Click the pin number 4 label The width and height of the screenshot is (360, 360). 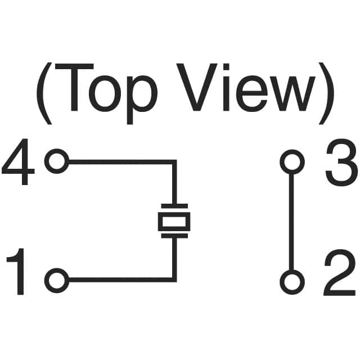[x=19, y=162]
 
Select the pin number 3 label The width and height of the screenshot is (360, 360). [x=341, y=162]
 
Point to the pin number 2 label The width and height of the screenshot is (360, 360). [x=340, y=272]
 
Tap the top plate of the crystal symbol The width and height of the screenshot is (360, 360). [x=174, y=205]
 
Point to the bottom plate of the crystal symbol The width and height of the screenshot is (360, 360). [x=174, y=236]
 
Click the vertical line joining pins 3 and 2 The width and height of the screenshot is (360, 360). [x=292, y=222]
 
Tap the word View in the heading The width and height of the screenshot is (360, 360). [x=246, y=88]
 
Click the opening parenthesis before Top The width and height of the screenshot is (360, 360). [x=44, y=93]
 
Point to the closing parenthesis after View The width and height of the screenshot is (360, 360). [x=326, y=93]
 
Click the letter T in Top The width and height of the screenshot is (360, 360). [x=74, y=87]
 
